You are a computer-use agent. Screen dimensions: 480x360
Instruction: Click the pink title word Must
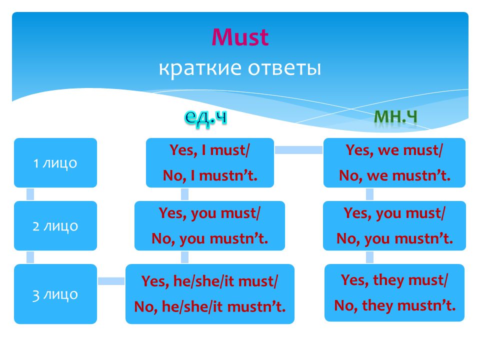click(240, 37)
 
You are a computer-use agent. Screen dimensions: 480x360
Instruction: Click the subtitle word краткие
click(200, 68)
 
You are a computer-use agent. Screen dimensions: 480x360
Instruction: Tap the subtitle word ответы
click(284, 68)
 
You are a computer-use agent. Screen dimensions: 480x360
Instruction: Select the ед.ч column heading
click(205, 117)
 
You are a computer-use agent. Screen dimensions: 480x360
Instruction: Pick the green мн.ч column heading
click(395, 117)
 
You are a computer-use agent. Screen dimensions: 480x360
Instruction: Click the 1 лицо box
click(55, 162)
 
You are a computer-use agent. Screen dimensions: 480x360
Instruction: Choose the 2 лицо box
click(55, 225)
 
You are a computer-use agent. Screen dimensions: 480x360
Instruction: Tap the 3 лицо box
click(55, 294)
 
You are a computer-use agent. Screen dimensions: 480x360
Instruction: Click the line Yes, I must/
click(209, 150)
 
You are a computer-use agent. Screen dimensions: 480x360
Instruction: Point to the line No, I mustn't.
click(210, 175)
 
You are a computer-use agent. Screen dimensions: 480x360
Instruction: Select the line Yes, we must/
click(394, 150)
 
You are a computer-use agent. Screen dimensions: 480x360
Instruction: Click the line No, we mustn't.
click(394, 175)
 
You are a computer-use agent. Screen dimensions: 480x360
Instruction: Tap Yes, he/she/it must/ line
click(209, 281)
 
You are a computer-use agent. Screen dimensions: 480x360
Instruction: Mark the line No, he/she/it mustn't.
click(210, 306)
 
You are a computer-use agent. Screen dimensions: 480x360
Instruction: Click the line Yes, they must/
click(394, 280)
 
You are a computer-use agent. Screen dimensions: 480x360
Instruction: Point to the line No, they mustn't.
click(394, 305)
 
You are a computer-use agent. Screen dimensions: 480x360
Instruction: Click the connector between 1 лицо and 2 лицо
click(30, 194)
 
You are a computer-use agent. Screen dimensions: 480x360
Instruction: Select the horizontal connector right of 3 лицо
click(111, 281)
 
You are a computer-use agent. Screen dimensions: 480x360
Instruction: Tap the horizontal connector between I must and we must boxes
click(299, 149)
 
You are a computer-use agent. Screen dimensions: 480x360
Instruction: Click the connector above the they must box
click(370, 257)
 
